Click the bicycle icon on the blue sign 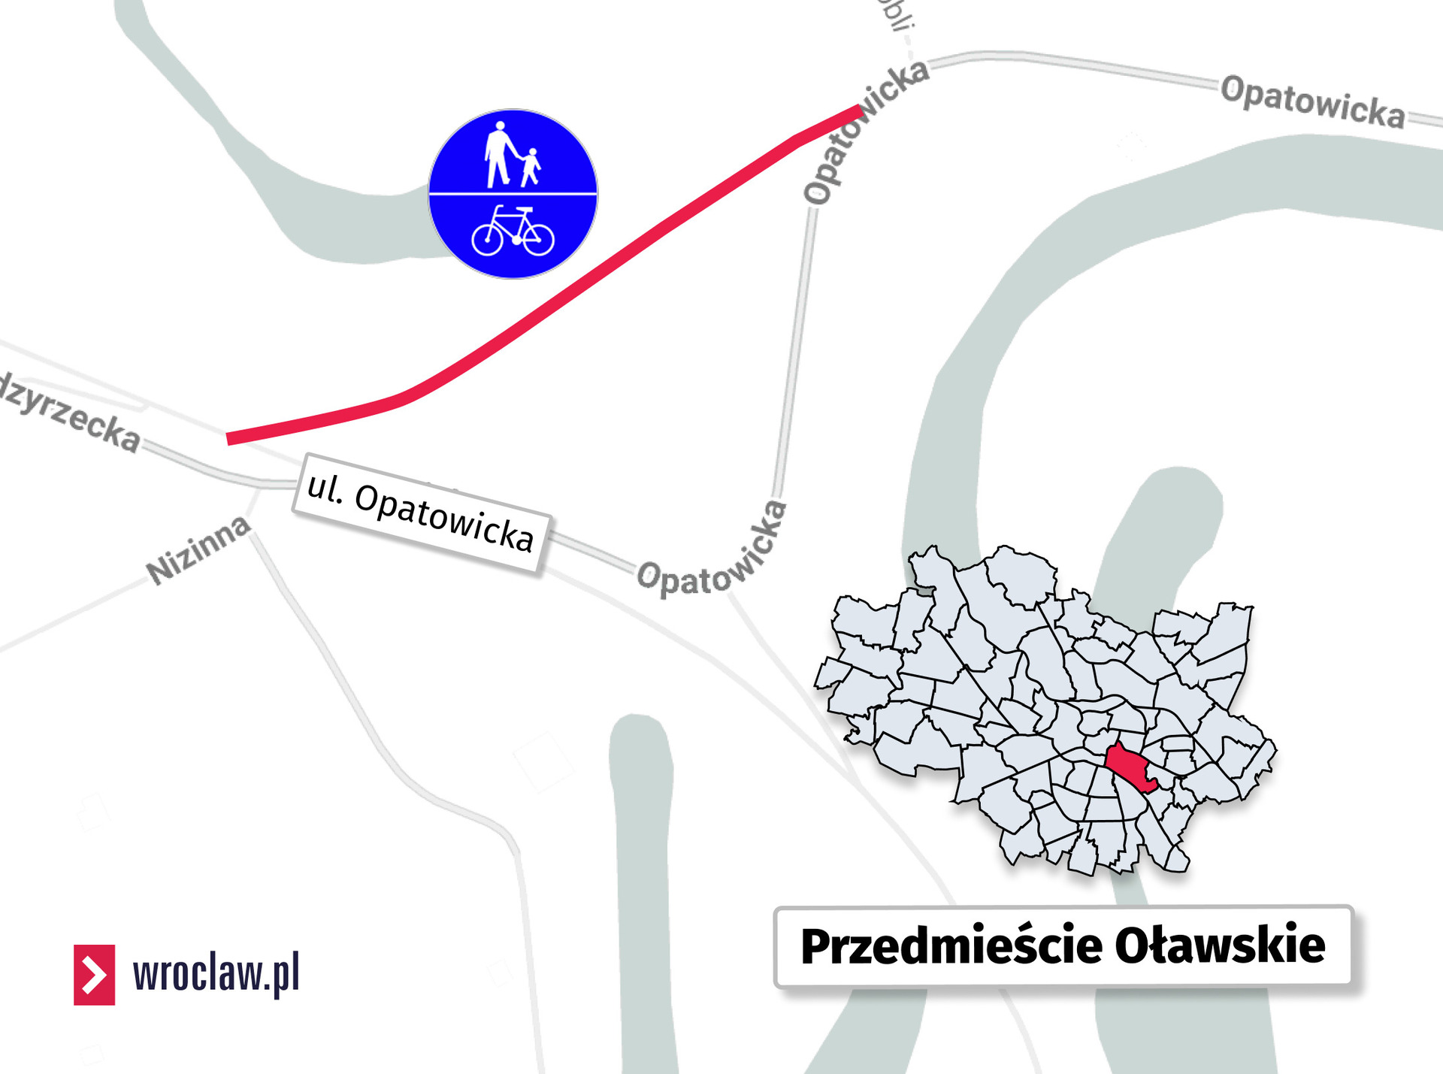click(x=513, y=231)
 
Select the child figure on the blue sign click(x=531, y=167)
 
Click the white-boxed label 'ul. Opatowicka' click(x=421, y=513)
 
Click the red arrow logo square click(x=94, y=975)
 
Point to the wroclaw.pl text click(x=216, y=974)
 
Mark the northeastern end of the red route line click(x=859, y=110)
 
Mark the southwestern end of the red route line click(x=229, y=439)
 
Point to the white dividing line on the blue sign click(x=513, y=194)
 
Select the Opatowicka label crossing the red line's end click(x=864, y=131)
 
